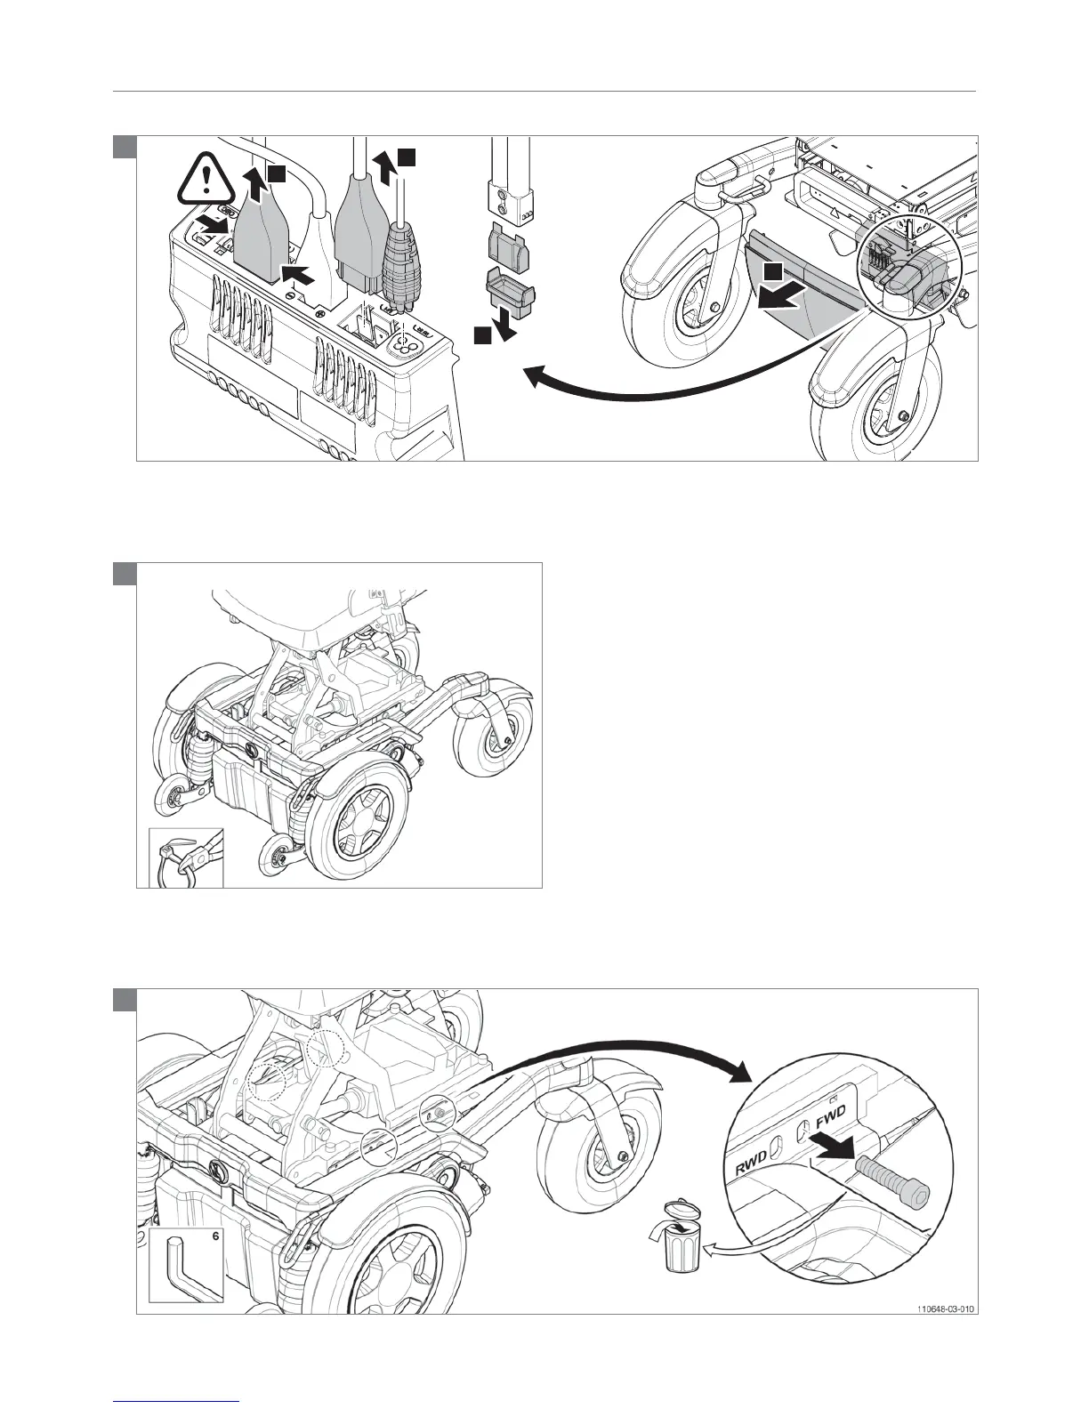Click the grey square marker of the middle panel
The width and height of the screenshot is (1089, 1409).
tap(125, 574)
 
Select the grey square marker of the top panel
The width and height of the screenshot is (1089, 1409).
tap(125, 147)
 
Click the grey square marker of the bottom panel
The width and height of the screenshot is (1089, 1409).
tap(125, 1000)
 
